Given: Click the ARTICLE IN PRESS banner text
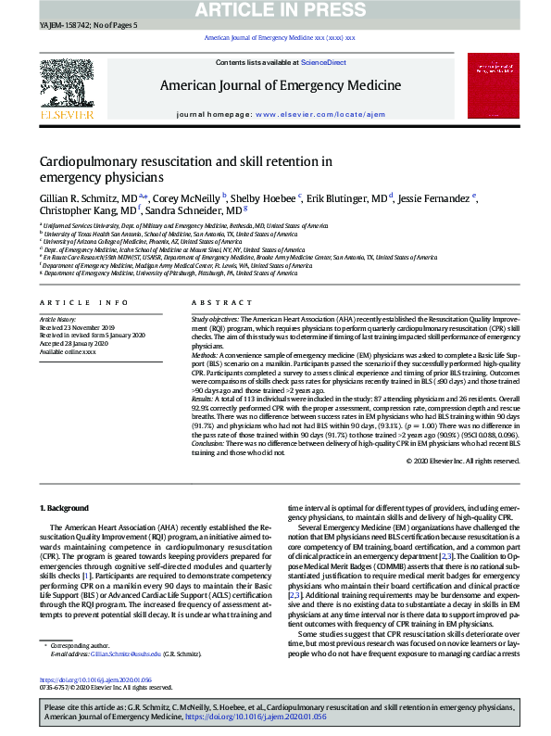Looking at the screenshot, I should [275, 10].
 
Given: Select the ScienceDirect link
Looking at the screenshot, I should [323, 62].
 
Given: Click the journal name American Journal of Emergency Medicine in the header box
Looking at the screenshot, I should [281, 85].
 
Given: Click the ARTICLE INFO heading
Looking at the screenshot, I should [84, 303].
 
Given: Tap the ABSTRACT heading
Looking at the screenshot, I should [215, 303].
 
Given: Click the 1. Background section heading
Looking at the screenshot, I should [66, 509].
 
